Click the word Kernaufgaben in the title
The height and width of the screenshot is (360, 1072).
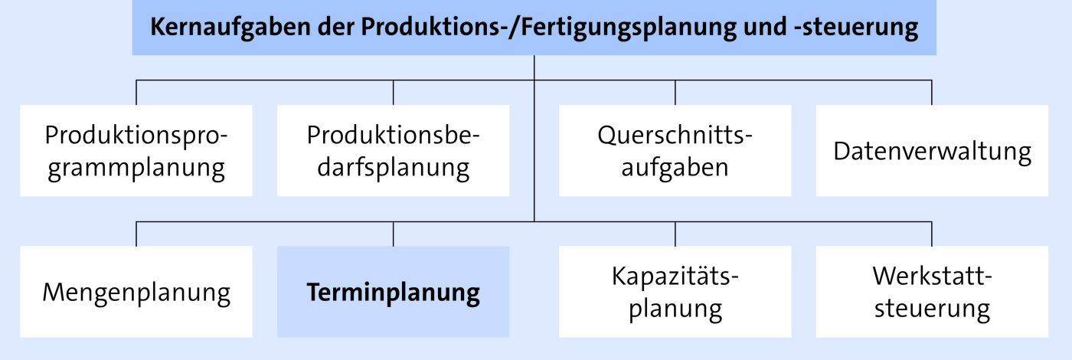pos(230,28)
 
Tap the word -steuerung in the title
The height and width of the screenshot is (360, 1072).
pos(856,28)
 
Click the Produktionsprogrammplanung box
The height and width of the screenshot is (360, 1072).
pos(136,150)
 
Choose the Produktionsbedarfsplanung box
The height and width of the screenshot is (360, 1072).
pos(394,150)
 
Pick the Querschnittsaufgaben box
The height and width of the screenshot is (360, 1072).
pos(675,150)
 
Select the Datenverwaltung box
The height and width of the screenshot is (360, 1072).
pos(933,150)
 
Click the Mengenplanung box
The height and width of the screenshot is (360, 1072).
pos(136,292)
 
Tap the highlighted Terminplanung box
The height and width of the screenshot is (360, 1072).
pos(394,292)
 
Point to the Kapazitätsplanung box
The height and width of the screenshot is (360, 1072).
pos(675,292)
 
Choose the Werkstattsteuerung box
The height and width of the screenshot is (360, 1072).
pos(933,292)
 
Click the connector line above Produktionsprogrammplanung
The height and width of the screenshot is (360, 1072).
pos(136,93)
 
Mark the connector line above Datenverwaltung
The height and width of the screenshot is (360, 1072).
pos(932,93)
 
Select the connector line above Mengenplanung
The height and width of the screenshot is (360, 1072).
pos(136,234)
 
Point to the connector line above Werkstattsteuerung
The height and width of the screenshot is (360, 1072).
pos(932,234)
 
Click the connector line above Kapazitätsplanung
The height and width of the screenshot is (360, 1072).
pos(675,234)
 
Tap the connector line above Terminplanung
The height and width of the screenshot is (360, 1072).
pos(394,234)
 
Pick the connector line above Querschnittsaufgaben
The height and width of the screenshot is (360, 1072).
pos(675,93)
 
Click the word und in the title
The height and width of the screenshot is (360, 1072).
pos(765,27)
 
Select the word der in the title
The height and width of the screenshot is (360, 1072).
pos(336,27)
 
